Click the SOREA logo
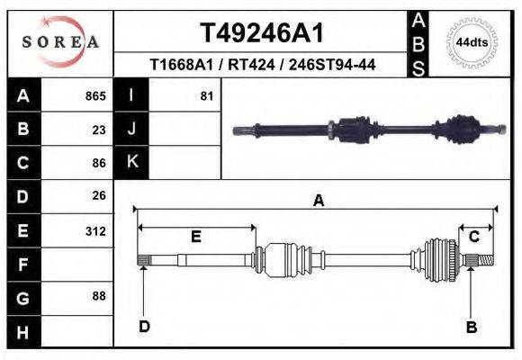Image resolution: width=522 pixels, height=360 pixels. pos(60,42)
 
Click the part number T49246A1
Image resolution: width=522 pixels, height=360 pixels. pos(261,33)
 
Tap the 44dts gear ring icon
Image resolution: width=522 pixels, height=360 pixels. pos(472,42)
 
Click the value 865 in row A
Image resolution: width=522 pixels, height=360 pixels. pos(95,95)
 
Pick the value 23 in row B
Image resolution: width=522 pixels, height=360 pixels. pos(99,130)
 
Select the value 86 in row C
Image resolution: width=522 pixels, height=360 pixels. pos(99,163)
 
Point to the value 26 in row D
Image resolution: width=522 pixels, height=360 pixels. pos(99,195)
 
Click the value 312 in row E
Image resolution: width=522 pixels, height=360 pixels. pos(95,230)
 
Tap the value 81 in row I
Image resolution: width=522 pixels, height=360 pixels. pos(207,95)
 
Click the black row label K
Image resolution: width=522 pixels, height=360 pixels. pos(131,162)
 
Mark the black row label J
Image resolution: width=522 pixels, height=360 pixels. pos(131,129)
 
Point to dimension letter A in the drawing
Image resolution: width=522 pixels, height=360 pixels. pos(318,202)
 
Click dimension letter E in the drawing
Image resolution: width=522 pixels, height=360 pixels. pos(195,237)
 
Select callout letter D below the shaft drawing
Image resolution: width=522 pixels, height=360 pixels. pos(143,327)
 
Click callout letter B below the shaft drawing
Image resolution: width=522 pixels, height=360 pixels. pos(471,327)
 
